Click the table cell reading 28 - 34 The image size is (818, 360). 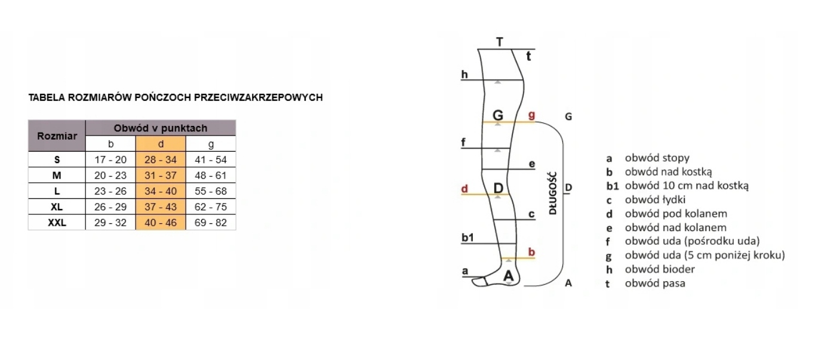[x=161, y=160]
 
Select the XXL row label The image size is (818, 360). [x=57, y=223]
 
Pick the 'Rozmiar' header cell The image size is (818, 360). [x=57, y=136]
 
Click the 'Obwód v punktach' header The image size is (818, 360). [x=161, y=128]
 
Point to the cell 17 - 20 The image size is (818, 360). [x=110, y=160]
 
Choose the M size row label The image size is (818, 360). [x=57, y=176]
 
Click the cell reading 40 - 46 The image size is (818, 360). [x=161, y=223]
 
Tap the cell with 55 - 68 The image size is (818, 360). [x=211, y=192]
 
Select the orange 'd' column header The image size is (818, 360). [x=161, y=144]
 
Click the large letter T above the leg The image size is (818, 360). [x=500, y=42]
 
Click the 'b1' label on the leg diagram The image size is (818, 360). [x=468, y=238]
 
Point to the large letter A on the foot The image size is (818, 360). [x=508, y=276]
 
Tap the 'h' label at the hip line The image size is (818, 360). [x=464, y=75]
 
